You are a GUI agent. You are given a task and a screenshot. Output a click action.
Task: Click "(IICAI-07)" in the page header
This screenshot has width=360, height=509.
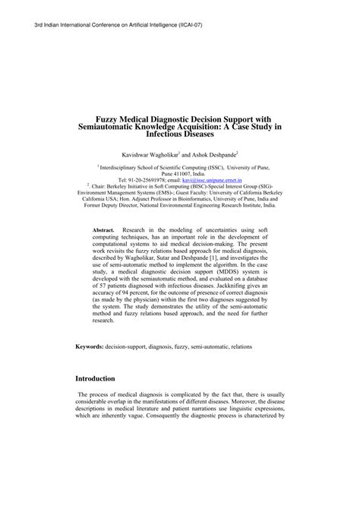click(187, 25)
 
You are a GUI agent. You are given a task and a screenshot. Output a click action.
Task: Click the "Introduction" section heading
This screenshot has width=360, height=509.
click(95, 400)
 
